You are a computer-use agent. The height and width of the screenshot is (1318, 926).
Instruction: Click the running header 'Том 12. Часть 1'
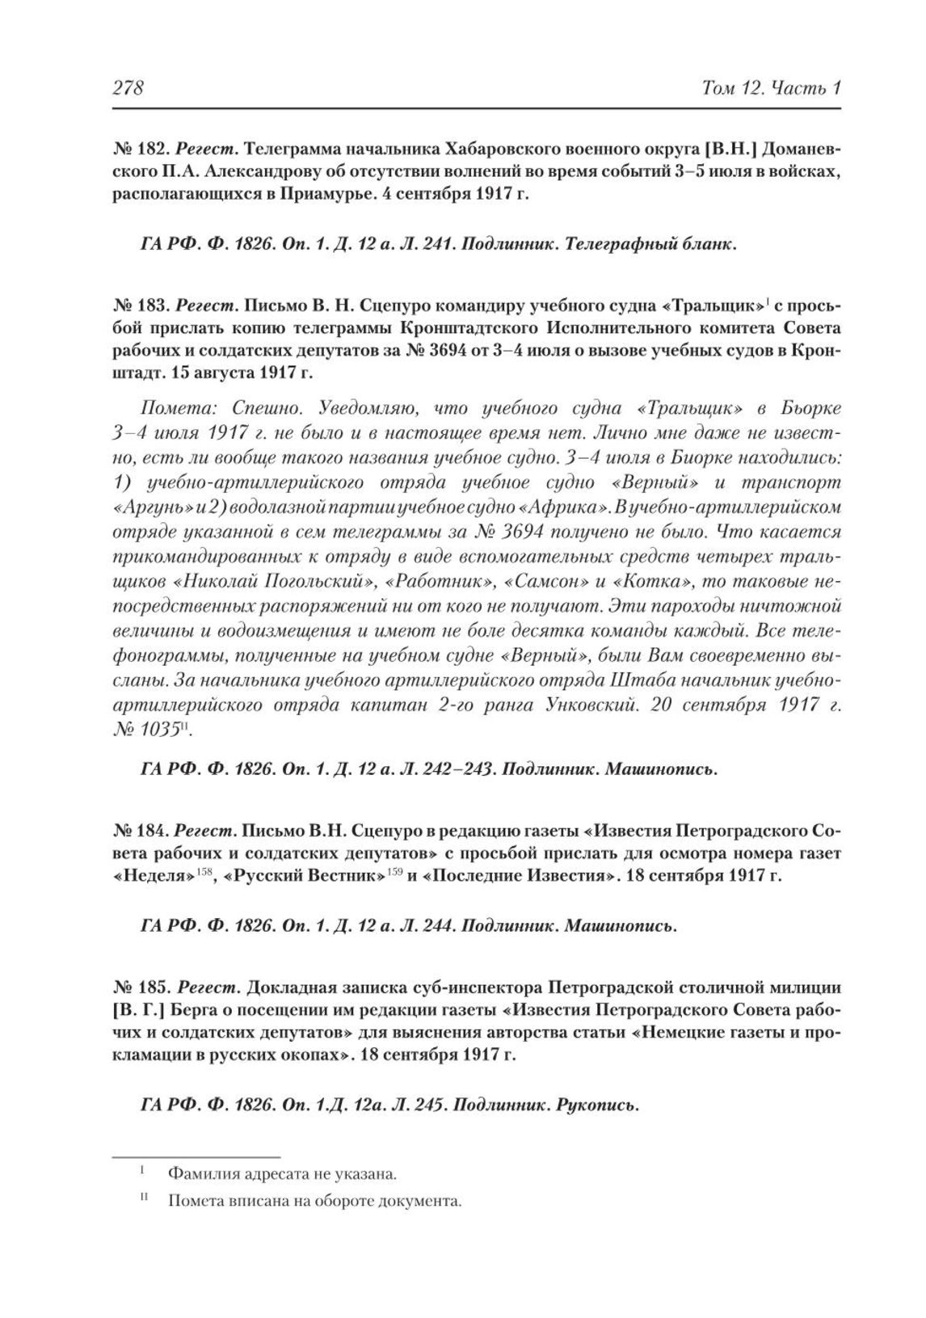(772, 88)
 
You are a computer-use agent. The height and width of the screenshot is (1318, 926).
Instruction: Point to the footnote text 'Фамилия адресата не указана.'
(281, 1173)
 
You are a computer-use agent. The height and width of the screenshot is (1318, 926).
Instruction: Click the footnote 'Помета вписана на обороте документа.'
(314, 1201)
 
